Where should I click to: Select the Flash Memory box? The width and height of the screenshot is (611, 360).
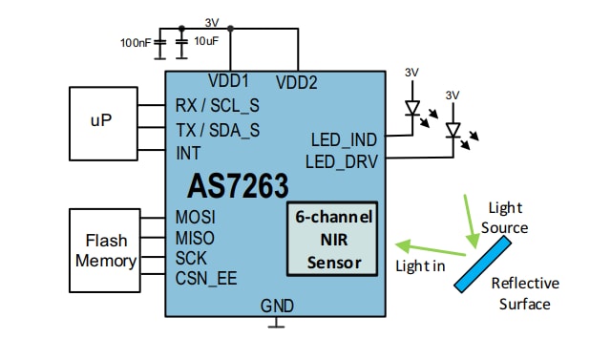coord(105,250)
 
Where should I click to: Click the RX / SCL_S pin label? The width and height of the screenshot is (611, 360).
coord(218,105)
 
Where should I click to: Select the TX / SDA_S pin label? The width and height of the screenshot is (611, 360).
coord(218,129)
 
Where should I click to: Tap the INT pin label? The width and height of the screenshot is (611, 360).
coord(189,152)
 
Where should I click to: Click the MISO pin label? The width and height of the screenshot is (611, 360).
coord(196,237)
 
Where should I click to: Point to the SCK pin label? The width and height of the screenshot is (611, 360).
coord(192,258)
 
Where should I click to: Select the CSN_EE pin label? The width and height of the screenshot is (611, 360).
coord(206,280)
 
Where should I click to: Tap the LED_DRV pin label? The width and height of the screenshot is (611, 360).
coord(343,159)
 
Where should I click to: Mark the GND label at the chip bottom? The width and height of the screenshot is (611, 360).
coord(277,306)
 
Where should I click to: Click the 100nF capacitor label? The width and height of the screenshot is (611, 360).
coord(136,43)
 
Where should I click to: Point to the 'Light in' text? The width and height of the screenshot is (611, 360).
coord(420,265)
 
